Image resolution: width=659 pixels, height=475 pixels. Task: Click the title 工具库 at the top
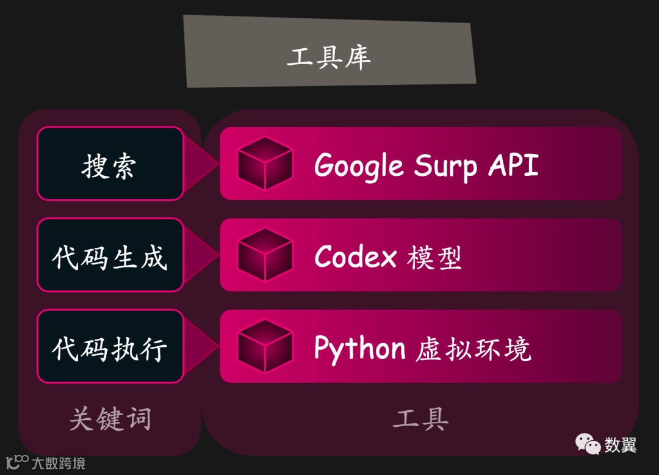click(329, 58)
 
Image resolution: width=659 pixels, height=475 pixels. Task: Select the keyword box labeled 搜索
click(110, 164)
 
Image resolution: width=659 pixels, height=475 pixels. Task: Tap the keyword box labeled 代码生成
click(110, 255)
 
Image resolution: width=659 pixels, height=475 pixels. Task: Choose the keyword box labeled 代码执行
click(110, 347)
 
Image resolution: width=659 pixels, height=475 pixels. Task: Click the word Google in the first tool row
click(359, 165)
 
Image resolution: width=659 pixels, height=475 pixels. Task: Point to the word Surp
click(445, 165)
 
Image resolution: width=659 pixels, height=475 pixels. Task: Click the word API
click(514, 164)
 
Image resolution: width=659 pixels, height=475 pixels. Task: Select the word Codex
click(355, 256)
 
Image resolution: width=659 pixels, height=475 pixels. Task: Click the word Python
click(359, 349)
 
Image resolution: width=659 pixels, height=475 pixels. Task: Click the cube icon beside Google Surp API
click(265, 163)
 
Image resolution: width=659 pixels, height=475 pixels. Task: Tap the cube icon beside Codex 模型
click(265, 255)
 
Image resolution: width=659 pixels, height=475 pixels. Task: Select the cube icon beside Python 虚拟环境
click(265, 346)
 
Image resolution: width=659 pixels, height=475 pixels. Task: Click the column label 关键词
click(110, 419)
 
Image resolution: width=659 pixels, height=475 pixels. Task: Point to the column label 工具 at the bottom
click(420, 419)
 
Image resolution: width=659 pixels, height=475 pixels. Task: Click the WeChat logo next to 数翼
click(588, 444)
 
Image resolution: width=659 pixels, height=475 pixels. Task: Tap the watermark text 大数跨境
click(59, 463)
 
